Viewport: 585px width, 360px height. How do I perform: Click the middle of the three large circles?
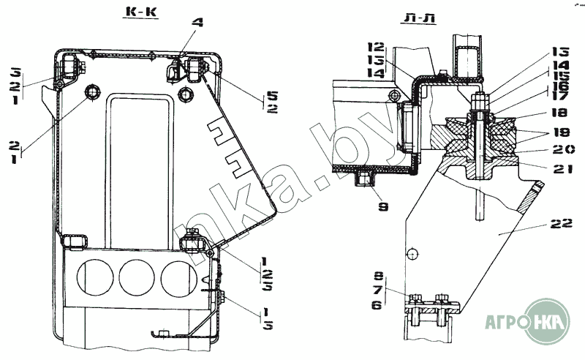click(135, 278)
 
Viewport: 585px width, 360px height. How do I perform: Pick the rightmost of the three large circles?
click(178, 278)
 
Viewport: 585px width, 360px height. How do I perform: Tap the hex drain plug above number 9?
click(366, 178)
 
